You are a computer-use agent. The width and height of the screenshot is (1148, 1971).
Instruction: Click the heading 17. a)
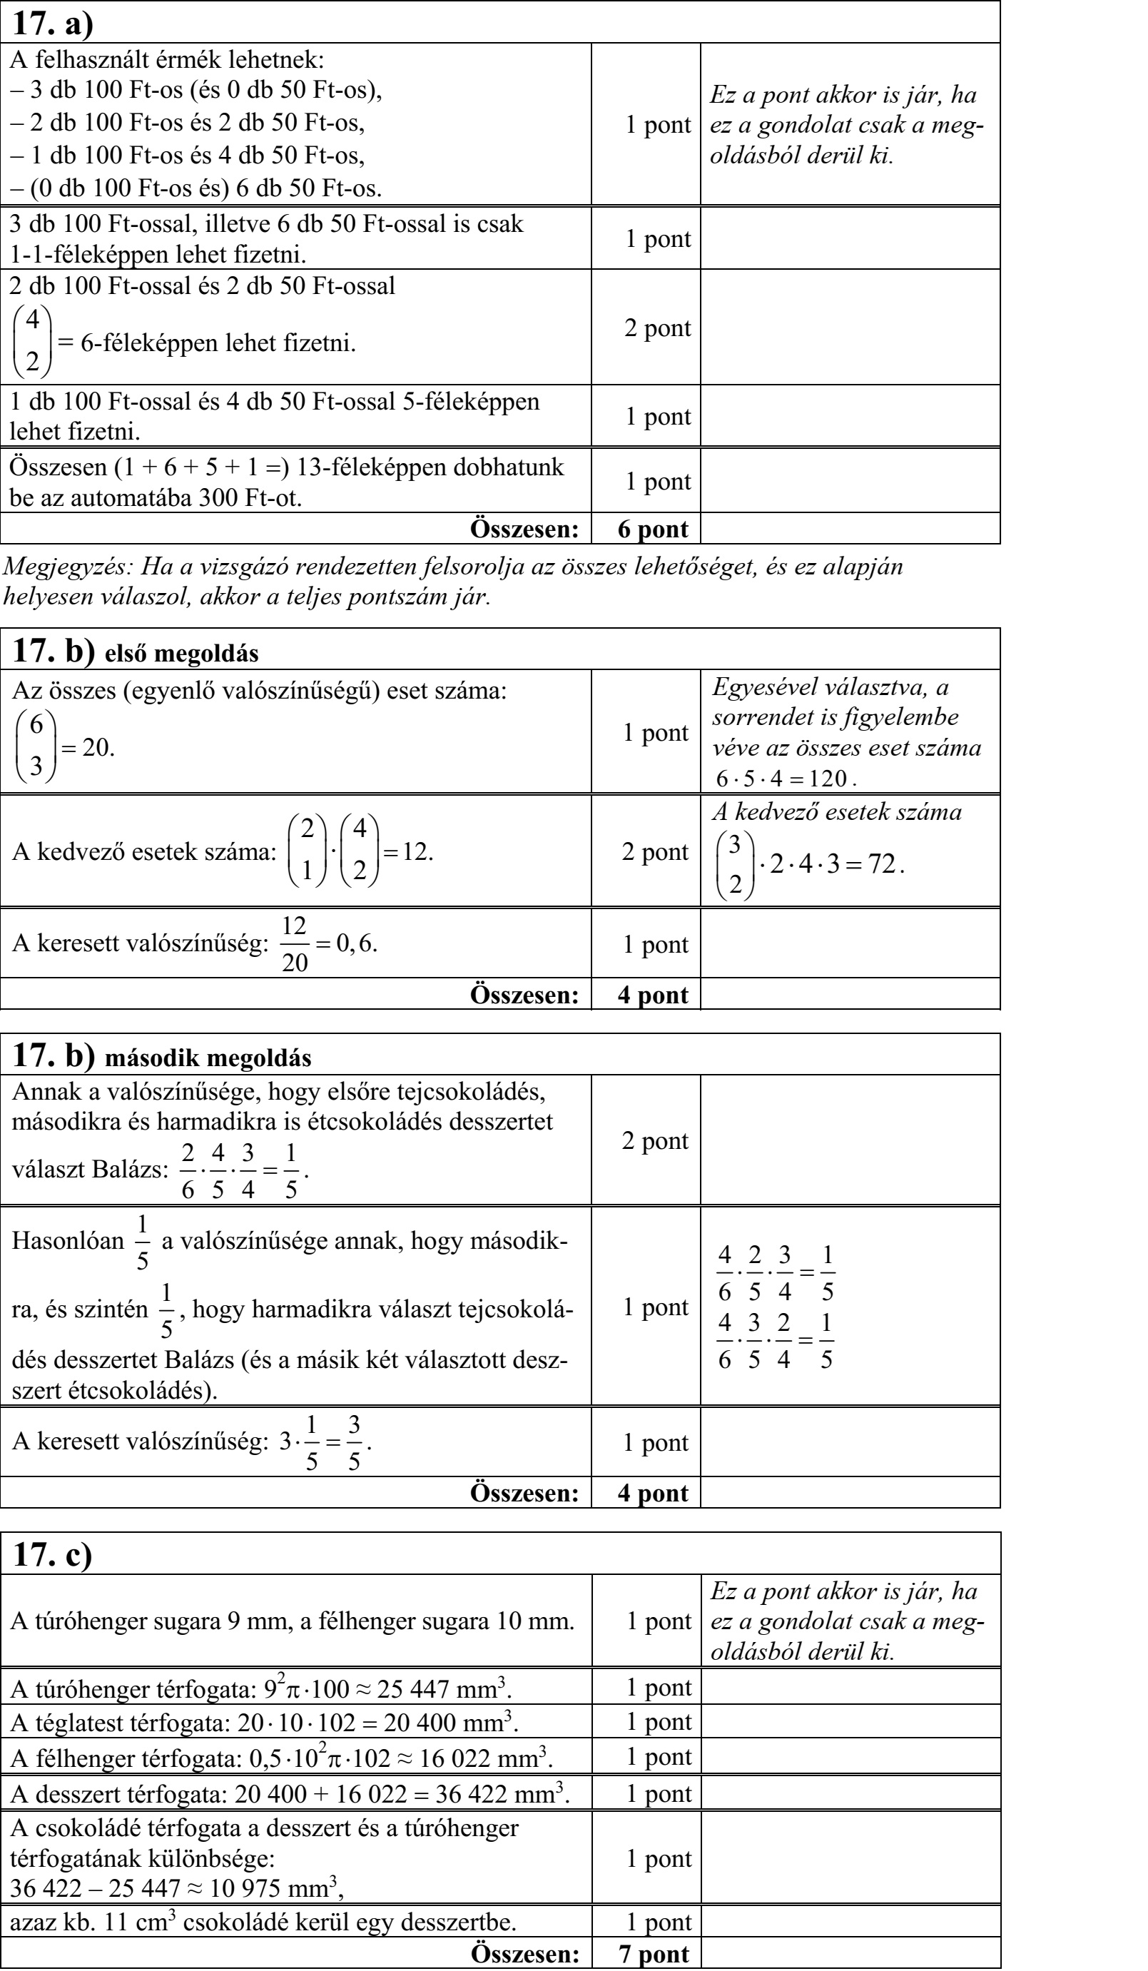click(x=54, y=24)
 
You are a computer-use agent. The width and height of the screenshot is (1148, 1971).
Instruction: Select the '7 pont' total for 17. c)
click(x=654, y=1955)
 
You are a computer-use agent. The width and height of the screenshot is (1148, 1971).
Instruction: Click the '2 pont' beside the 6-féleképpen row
click(x=657, y=328)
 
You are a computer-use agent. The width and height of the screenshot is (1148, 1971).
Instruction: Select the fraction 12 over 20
click(x=295, y=944)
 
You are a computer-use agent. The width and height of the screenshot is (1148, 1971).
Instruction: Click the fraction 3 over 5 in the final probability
click(x=355, y=1443)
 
